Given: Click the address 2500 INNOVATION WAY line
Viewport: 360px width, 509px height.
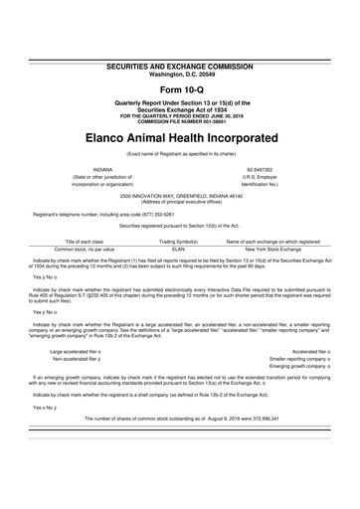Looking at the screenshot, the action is (180, 195).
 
